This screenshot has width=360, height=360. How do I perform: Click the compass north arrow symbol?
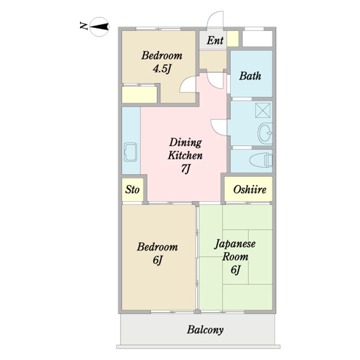tap(99, 27)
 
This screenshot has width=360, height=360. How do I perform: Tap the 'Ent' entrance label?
tap(215, 40)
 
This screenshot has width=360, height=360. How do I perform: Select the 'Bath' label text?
tap(250, 76)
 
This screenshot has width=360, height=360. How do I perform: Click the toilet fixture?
tap(261, 160)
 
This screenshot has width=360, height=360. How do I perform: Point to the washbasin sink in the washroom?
tap(265, 132)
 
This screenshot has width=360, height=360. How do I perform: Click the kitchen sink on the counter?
tap(130, 152)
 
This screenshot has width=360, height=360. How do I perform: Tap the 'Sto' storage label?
tap(132, 189)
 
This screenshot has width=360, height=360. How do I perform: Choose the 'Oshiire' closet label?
tap(250, 189)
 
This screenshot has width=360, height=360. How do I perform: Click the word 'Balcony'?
tap(205, 330)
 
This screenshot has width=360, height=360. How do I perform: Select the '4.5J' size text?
tap(162, 68)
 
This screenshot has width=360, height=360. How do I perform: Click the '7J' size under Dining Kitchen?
tap(185, 169)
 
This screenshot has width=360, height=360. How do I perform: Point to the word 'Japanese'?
tap(235, 243)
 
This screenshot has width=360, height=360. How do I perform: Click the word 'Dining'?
tap(185, 143)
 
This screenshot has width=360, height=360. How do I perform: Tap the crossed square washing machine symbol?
tap(263, 110)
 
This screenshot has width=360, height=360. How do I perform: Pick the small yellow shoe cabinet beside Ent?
tap(233, 38)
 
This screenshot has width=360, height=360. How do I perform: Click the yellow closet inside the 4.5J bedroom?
tap(139, 94)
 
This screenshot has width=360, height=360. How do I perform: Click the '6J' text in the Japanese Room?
tap(235, 270)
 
